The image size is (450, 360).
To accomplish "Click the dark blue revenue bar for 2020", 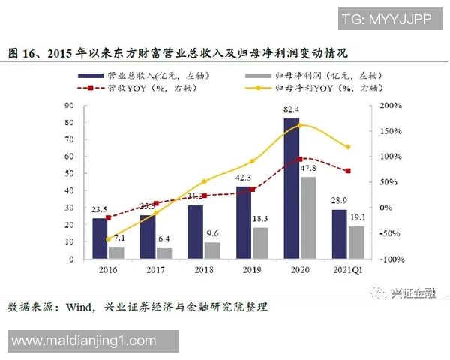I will click(291, 187).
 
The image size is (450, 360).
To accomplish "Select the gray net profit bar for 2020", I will click(307, 217).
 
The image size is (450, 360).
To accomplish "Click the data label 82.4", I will click(292, 111).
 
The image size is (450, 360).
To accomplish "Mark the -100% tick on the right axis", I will click(391, 259).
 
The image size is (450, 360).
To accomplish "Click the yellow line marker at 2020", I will click(299, 125).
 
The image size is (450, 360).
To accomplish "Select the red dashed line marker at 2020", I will click(299, 159).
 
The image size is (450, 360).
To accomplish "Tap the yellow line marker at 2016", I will click(107, 238).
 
